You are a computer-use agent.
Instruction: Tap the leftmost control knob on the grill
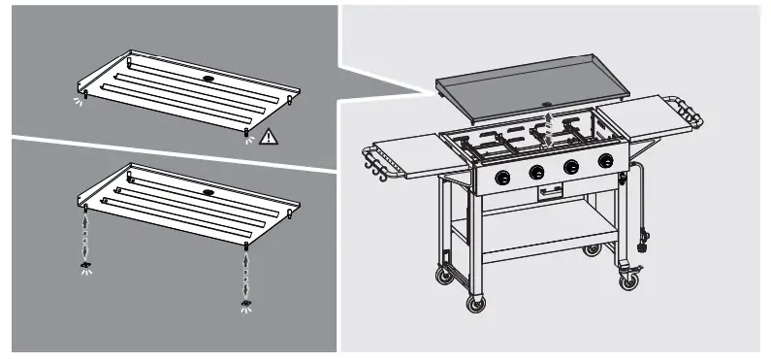pos(504,177)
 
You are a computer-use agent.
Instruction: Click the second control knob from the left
pos(536,172)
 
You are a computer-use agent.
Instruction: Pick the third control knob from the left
pos(571,166)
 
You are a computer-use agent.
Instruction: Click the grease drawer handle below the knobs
pos(549,192)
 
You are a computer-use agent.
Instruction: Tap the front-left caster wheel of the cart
pos(475,304)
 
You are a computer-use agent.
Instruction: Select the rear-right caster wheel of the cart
pos(592,250)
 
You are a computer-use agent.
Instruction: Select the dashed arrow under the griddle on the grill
pos(549,127)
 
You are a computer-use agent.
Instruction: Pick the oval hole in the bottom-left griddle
pos(208,192)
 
